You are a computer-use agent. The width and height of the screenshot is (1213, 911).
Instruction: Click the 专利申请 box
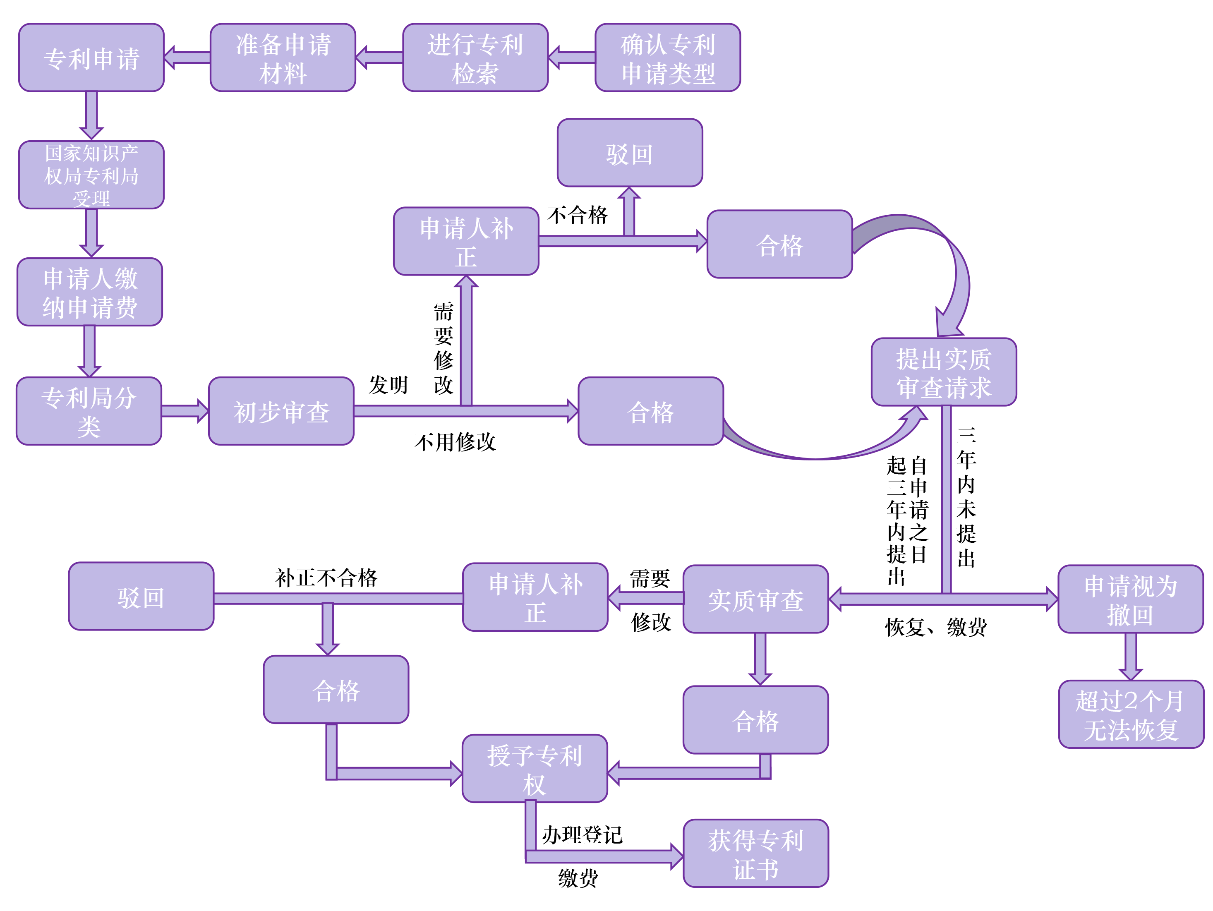pos(91,58)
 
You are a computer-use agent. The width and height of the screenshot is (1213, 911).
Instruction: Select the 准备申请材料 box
pos(283,58)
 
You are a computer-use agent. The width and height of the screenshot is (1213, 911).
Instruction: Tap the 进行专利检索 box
pos(475,58)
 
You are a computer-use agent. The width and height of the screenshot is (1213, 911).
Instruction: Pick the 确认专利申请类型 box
pos(667,58)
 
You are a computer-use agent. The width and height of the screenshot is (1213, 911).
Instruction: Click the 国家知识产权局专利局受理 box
pos(91,175)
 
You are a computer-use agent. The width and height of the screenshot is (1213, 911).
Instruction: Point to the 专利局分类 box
pos(89,411)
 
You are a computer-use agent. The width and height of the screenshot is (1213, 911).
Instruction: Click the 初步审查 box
pos(281,411)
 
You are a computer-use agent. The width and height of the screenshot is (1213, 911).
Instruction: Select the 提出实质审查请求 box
pos(943,372)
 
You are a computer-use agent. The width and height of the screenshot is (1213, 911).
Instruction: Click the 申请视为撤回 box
pos(1130,599)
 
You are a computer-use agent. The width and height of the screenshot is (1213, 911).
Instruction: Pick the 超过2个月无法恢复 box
pos(1131,714)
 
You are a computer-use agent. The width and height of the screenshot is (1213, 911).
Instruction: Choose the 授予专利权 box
pos(535,768)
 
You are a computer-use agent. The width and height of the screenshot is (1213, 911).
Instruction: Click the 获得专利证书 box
pos(756,853)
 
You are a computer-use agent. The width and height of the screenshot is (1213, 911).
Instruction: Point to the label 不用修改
pos(455,442)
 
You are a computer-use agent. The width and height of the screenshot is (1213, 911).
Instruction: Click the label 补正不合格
pos(326,578)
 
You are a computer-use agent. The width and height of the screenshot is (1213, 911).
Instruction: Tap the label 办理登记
pos(583,835)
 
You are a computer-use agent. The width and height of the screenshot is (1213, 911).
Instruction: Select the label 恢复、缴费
pos(935,627)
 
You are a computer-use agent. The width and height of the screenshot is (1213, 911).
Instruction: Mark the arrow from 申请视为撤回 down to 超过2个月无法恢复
pos(1131,657)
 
